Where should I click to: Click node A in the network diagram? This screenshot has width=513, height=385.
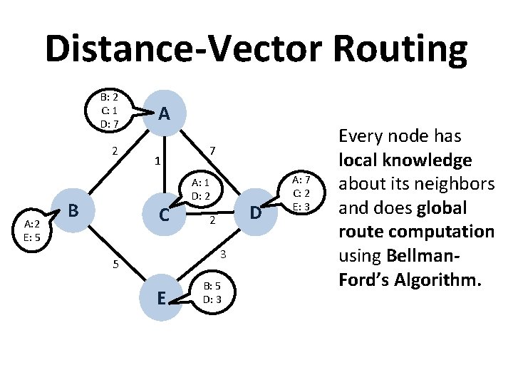tap(165, 113)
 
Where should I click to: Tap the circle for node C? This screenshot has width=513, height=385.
tap(165, 212)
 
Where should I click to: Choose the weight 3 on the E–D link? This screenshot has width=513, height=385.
tap(223, 255)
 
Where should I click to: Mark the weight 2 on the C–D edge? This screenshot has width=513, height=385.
tap(211, 222)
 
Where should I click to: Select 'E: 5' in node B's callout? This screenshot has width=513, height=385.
tap(30, 237)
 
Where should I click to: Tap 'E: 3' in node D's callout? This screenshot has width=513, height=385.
tap(299, 207)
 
